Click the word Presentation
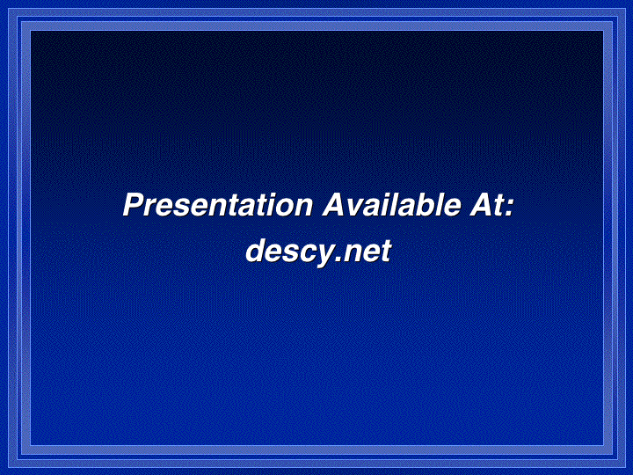click(218, 205)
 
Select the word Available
click(391, 205)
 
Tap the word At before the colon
click(485, 205)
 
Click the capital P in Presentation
click(134, 205)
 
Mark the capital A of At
click(480, 205)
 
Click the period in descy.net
click(336, 259)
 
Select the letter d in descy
click(258, 251)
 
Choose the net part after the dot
click(366, 252)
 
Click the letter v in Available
click(356, 208)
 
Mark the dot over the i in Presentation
click(266, 195)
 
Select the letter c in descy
click(302, 254)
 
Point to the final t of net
click(386, 252)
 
